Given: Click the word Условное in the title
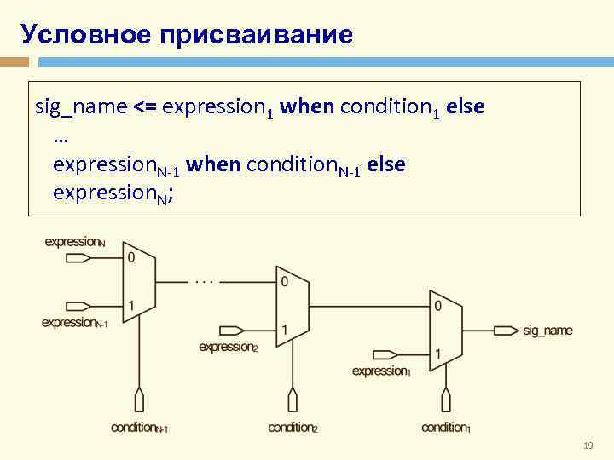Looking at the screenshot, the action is coord(76,34).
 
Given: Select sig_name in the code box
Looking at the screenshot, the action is coord(81,107).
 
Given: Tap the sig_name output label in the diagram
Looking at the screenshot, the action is coord(547,331).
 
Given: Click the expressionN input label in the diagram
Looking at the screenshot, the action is coord(75,242).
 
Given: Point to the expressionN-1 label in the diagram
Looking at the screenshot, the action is coord(75,323).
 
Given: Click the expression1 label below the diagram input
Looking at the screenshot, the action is coord(381,371).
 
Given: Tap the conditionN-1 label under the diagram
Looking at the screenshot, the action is coord(139,428).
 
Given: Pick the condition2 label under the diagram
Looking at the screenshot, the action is coord(293,428).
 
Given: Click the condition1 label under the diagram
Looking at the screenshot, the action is coord(445,428).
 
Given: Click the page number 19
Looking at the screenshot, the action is coord(588,446).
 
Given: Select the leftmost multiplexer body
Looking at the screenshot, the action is coord(139,280).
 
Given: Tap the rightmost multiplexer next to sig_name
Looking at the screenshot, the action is coord(445,329).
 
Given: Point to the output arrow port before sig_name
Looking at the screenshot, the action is coord(507,331).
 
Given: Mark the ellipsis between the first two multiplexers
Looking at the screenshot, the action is coord(204,279).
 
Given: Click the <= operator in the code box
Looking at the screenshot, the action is coord(143,107).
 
